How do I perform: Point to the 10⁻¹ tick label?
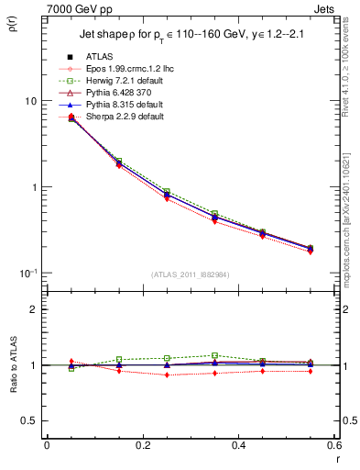(27, 273)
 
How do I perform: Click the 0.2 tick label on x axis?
(142, 446)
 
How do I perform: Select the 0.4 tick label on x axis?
(238, 446)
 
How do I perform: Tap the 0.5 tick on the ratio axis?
(29, 420)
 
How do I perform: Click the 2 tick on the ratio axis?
(33, 309)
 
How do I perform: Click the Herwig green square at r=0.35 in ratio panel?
(214, 355)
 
